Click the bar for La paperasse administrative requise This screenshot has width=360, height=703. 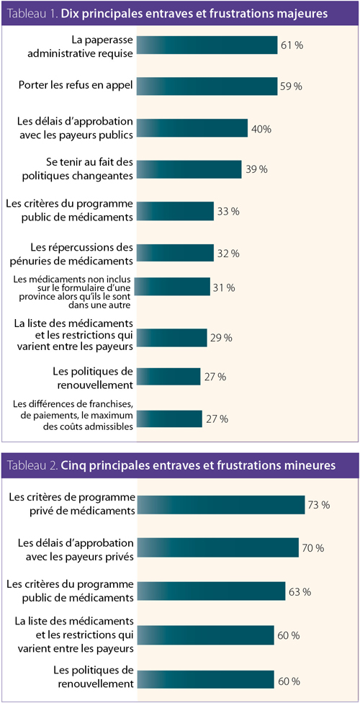tap(207, 45)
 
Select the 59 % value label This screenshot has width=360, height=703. tap(292, 86)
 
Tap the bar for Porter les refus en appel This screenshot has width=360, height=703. tap(207, 86)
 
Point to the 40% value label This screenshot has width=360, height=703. tap(261, 129)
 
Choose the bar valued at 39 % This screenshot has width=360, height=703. tap(189, 169)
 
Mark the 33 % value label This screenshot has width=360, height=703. tap(228, 211)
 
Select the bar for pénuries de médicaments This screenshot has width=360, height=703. tap(175, 253)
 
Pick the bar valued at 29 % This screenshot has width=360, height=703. tap(171, 338)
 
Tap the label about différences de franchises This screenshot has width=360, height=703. tap(74, 414)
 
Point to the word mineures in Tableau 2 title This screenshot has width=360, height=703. tap(311, 465)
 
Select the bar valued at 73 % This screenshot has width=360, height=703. tap(220, 505)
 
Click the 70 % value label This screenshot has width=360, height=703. tap(313, 547)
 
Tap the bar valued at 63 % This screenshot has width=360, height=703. tap(211, 591)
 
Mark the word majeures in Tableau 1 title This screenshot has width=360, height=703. tap(302, 14)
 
